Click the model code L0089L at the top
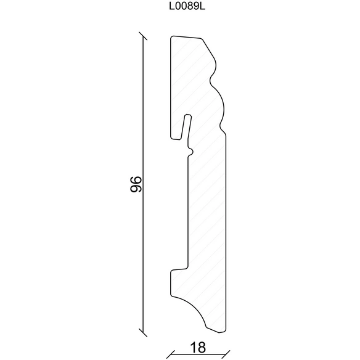(187, 7)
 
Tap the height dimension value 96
(136, 184)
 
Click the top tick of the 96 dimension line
(143, 36)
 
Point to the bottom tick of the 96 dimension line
(143, 332)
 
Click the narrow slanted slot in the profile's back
(186, 127)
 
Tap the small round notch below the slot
(191, 152)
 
